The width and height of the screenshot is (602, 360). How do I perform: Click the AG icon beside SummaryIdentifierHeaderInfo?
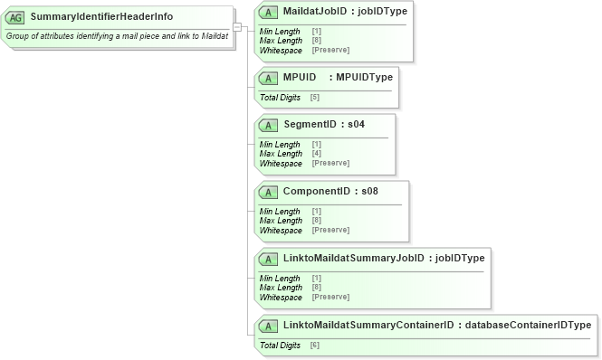tap(16, 17)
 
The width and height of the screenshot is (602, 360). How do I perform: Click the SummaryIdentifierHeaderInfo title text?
tap(101, 17)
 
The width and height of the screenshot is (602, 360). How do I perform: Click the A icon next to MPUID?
tap(269, 78)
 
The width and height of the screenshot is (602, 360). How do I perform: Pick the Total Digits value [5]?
tap(314, 97)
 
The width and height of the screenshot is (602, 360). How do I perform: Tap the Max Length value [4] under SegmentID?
tap(316, 154)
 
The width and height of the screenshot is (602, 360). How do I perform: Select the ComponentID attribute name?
tap(317, 192)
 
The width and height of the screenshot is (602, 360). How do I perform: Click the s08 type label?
tap(369, 192)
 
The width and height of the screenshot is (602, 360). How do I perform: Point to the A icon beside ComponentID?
tap(269, 192)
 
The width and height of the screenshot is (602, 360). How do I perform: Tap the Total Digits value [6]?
tap(314, 346)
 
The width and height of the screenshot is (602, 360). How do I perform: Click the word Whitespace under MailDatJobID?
tap(281, 50)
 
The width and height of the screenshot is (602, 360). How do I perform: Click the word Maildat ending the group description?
tap(213, 36)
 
